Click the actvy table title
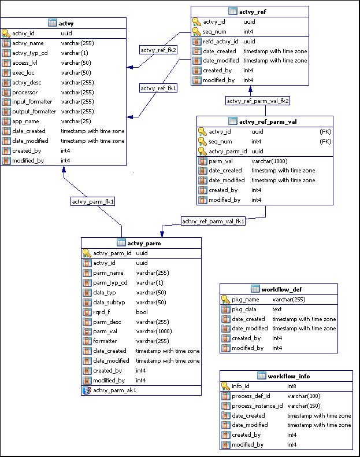point(66,23)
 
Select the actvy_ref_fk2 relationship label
point(158,50)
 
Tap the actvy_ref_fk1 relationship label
point(158,89)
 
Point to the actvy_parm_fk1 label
point(93,201)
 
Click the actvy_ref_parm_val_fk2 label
point(258,101)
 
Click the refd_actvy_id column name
point(221,42)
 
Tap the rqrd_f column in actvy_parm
point(103,312)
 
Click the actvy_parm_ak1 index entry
point(114,390)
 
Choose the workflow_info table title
point(288,376)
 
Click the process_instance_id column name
point(257,406)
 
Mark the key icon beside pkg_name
point(226,300)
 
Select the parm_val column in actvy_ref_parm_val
point(221,161)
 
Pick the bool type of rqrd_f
point(142,312)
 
